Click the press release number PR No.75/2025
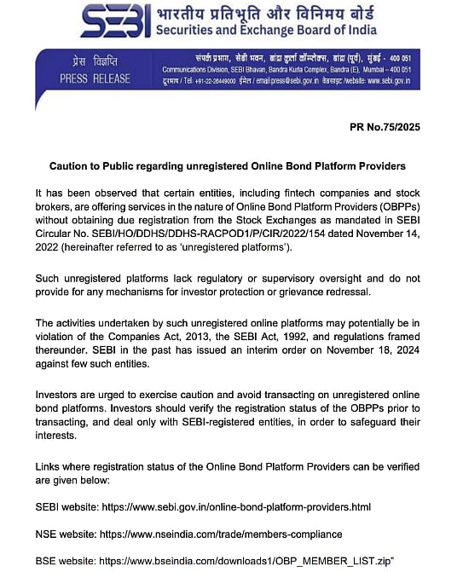(x=384, y=127)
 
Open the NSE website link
(x=231, y=534)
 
